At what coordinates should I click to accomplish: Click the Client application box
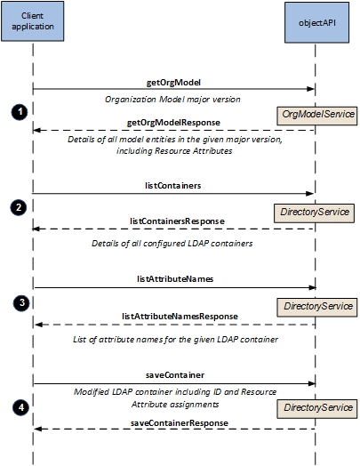coord(32,21)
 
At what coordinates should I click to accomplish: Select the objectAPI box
coord(317,22)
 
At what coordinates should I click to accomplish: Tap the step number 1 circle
coord(20,112)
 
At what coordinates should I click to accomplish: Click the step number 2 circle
coord(19,207)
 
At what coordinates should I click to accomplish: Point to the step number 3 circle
coord(21,303)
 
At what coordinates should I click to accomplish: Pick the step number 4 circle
coord(20,407)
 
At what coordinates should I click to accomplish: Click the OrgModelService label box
coord(317,116)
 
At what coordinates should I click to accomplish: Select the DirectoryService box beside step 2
coord(314,213)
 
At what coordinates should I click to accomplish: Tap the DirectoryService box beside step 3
coord(317,308)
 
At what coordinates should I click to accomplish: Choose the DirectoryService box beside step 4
coord(317,409)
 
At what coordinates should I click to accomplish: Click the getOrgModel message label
coord(173,83)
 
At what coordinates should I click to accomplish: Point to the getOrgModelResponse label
coord(173,123)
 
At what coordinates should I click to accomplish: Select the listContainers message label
coord(172,186)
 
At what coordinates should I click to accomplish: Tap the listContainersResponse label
coord(177,221)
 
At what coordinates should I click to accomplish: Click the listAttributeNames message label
coord(175,279)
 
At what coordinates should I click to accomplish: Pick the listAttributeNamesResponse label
coord(180,317)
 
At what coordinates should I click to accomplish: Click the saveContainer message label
coord(175,375)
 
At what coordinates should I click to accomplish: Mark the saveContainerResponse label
coord(180,423)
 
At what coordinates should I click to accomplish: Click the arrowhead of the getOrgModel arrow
coord(310,89)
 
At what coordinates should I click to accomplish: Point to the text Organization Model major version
coord(172,100)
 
